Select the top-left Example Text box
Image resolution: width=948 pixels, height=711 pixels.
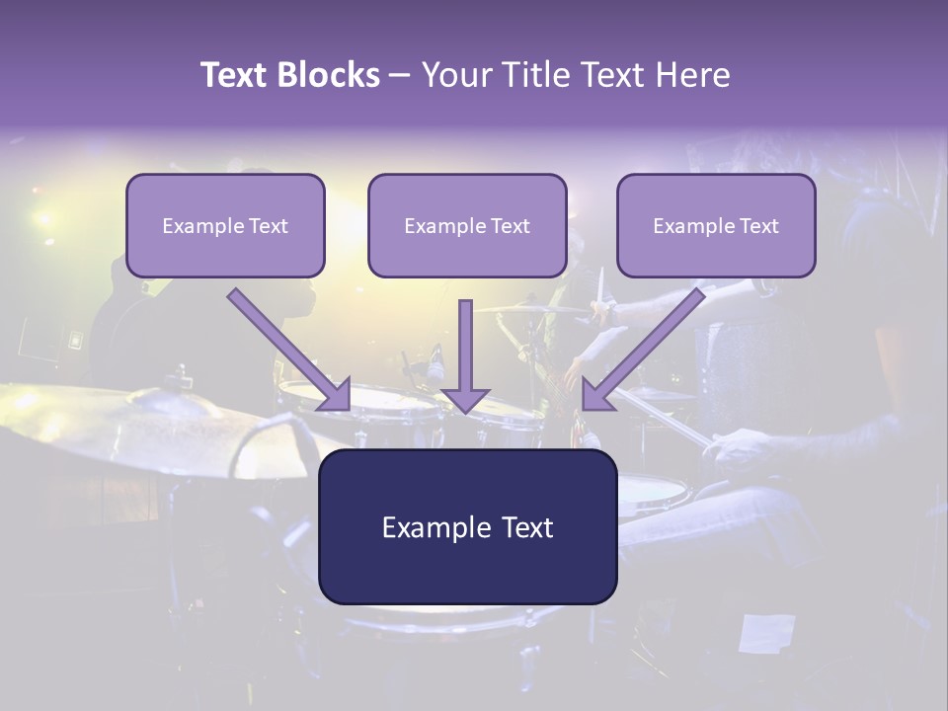point(225,225)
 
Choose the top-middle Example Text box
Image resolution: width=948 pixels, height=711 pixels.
point(467,225)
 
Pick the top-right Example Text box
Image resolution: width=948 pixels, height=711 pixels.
point(716,225)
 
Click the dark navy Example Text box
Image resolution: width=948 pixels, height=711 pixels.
point(467,526)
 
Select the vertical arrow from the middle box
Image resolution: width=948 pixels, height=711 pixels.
point(465,355)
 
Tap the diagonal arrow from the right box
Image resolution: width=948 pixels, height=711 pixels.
point(644,349)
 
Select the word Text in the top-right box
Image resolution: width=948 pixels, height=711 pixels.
point(757,225)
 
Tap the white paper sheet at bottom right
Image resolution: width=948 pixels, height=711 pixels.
point(767,632)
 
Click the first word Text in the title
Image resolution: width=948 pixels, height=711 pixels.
point(237,75)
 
